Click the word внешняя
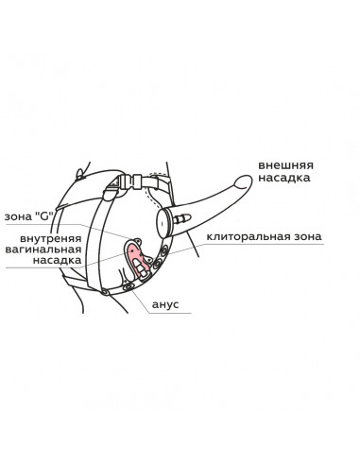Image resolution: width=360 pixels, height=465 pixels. (285, 165)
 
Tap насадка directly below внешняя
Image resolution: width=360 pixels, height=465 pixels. (284, 178)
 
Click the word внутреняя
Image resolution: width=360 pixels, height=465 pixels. (50, 238)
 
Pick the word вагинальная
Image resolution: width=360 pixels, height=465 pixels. (43, 250)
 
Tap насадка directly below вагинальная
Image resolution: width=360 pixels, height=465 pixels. (57, 261)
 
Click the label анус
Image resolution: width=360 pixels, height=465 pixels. (165, 304)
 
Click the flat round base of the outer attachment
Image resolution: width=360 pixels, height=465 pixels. (163, 223)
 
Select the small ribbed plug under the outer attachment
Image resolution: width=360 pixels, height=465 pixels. (182, 218)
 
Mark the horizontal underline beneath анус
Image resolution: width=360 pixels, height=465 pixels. (170, 313)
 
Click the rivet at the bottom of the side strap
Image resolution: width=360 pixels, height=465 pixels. (105, 292)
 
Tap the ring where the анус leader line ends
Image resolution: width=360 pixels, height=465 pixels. (129, 287)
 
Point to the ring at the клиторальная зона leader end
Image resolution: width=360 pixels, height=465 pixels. (164, 251)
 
